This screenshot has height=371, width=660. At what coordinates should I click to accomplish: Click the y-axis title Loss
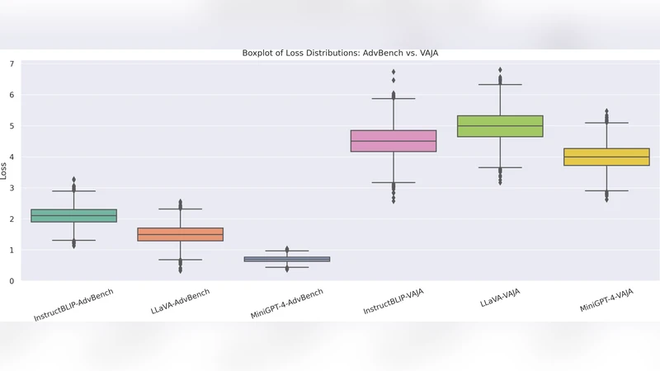coord(4,171)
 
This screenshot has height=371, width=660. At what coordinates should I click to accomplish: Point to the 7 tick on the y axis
coord(12,64)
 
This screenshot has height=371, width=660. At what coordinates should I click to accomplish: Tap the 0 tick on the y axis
coord(12,281)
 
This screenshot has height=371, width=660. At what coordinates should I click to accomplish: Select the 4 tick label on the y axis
coord(12,157)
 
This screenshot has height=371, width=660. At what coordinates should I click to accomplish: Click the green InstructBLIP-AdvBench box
coord(74,216)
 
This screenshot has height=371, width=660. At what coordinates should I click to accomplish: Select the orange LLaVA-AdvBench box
coord(181,234)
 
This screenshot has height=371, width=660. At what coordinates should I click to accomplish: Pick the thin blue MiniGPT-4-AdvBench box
coord(287,259)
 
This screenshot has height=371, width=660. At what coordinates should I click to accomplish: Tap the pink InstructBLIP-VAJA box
coord(394,141)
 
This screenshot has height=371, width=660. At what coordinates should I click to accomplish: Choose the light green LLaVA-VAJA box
coord(500,126)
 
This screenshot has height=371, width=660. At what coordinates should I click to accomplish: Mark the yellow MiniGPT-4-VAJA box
coord(606,157)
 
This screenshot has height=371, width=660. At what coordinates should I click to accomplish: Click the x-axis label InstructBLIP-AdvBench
coord(74,305)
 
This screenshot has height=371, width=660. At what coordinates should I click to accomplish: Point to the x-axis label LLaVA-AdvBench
coord(181,303)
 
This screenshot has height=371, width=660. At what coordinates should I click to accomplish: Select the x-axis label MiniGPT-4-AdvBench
coord(287,304)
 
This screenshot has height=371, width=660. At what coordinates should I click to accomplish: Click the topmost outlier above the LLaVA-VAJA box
coord(500,70)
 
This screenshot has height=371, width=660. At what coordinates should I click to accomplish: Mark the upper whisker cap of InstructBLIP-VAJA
coord(394,99)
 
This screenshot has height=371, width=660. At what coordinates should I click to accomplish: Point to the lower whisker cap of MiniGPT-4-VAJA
coord(606,191)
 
